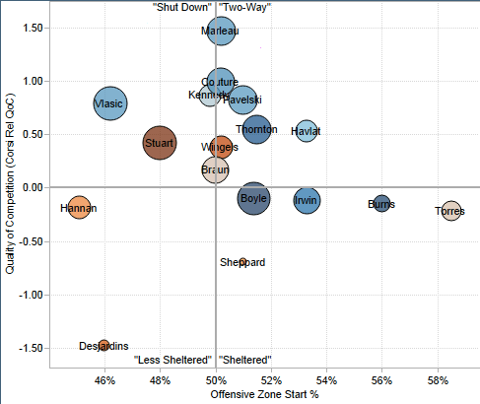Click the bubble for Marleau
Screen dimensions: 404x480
222,32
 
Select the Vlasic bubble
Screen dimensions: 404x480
110,103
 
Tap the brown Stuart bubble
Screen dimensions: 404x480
160,144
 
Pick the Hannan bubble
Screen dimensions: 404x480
80,208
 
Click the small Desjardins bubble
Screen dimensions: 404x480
103,345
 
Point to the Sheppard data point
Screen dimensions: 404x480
242,262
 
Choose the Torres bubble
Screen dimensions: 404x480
451,211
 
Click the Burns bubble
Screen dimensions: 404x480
381,204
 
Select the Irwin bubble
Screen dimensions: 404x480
308,201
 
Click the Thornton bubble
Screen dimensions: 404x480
257,129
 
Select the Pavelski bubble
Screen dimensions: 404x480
242,100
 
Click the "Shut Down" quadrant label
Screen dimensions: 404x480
182,7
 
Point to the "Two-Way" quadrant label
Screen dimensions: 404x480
244,7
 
